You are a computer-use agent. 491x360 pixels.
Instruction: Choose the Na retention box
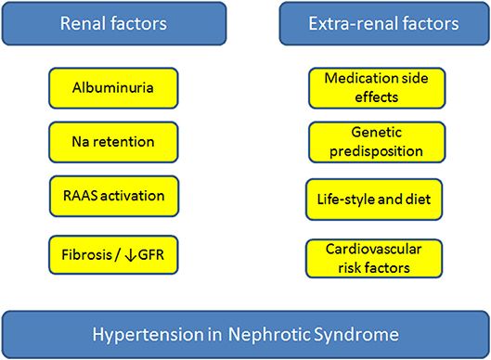pyautogui.click(x=112, y=142)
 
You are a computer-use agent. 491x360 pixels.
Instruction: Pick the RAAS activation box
pyautogui.click(x=112, y=195)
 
